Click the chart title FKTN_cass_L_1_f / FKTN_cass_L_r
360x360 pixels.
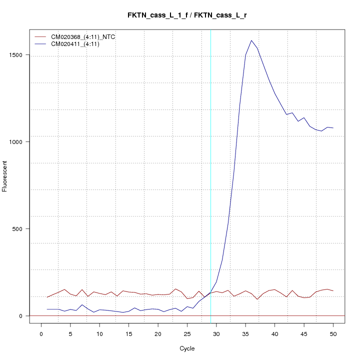pos(187,15)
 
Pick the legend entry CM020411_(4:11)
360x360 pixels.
pos(72,44)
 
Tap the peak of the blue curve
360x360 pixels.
pos(251,40)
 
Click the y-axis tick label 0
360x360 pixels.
pos(21,315)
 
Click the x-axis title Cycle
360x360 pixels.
pos(187,348)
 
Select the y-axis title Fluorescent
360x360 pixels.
pos(5,176)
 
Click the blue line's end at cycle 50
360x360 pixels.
pos(333,128)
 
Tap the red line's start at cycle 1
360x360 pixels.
pos(47,297)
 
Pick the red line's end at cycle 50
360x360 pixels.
pos(333,291)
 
